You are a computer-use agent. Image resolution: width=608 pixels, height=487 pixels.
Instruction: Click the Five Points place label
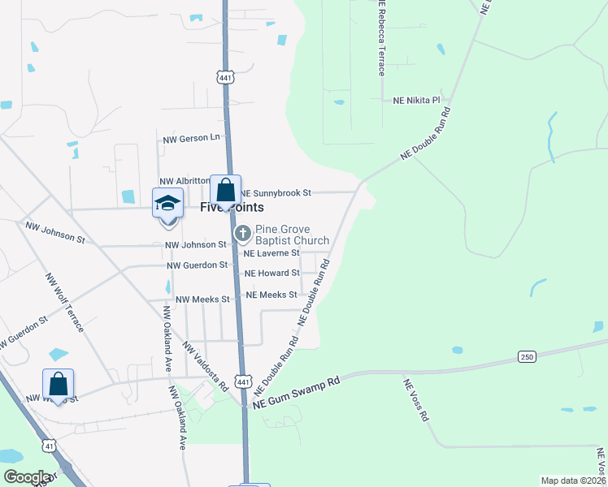(232, 208)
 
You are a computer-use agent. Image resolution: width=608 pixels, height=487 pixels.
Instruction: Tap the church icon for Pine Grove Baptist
(242, 235)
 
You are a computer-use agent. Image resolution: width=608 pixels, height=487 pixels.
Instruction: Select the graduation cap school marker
(167, 202)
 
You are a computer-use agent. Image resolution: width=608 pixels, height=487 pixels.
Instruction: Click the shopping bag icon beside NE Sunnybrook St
(226, 191)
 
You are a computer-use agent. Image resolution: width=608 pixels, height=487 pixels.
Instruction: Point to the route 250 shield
(527, 357)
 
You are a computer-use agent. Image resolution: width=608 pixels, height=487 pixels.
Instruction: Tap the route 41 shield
(50, 446)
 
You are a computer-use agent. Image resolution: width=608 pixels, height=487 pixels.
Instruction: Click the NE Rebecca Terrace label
(380, 38)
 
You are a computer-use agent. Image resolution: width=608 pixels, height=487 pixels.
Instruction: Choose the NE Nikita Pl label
(416, 101)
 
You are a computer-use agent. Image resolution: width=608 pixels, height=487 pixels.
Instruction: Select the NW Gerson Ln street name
(192, 138)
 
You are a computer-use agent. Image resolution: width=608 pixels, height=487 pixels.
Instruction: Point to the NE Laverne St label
(272, 253)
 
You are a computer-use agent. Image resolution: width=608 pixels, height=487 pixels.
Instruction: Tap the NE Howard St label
(272, 274)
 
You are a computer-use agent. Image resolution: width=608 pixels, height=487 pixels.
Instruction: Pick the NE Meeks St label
(271, 295)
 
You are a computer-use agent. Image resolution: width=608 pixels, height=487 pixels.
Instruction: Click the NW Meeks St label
(203, 300)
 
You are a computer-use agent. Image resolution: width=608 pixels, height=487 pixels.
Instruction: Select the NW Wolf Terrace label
(64, 302)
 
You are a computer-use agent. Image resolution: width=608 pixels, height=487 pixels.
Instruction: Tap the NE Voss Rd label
(415, 399)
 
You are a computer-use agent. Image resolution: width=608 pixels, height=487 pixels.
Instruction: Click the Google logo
(28, 477)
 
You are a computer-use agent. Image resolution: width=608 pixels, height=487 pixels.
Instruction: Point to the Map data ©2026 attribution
(573, 481)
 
